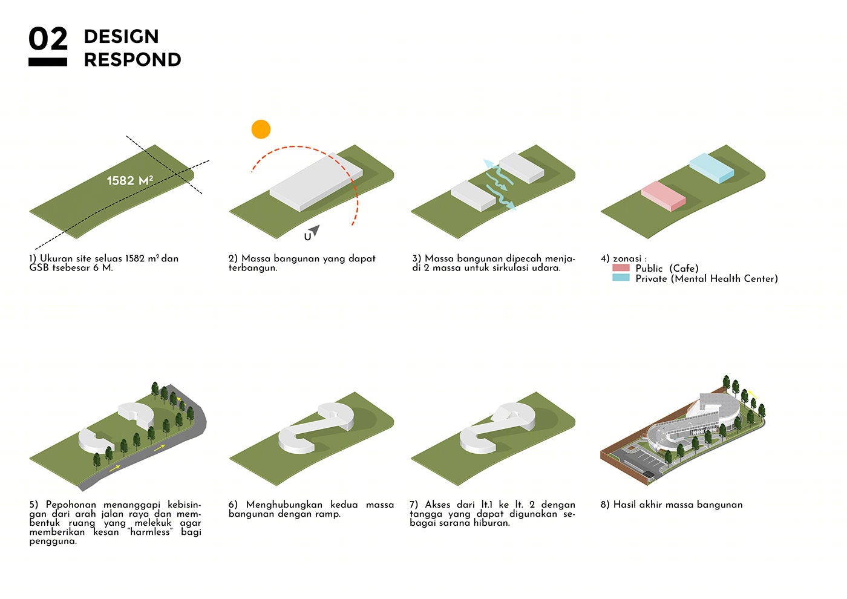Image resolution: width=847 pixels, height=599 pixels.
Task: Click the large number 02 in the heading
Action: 48,39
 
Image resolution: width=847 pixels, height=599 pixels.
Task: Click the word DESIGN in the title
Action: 122,37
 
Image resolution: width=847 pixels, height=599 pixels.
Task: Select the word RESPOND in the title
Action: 132,60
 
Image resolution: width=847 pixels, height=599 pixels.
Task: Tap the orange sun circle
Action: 261,129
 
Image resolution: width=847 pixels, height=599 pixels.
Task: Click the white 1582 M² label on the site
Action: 129,180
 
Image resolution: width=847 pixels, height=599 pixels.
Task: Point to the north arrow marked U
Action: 312,232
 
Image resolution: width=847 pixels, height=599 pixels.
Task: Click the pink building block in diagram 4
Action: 664,196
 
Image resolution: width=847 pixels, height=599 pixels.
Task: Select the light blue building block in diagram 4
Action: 711,168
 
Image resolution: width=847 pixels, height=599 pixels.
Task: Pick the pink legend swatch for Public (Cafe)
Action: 621,267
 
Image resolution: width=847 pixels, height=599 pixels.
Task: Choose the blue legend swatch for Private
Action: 621,278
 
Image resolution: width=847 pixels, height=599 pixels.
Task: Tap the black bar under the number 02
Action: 48,62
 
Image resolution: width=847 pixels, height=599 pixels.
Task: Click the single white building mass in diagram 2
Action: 316,182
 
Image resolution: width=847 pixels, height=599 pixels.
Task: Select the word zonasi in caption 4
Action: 627,259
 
